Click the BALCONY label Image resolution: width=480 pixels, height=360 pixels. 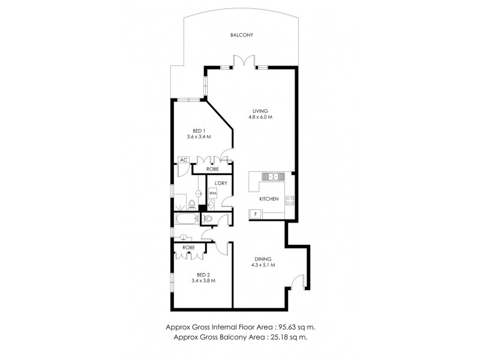click(x=242, y=35)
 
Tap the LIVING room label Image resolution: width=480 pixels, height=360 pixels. click(x=260, y=110)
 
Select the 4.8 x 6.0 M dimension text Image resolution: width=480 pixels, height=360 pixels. click(x=260, y=118)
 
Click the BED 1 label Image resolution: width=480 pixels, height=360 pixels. click(x=199, y=130)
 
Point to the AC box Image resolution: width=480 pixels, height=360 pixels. click(x=182, y=160)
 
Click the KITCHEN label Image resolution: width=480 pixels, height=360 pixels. click(x=268, y=199)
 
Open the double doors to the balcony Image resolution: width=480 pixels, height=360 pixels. click(x=240, y=61)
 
